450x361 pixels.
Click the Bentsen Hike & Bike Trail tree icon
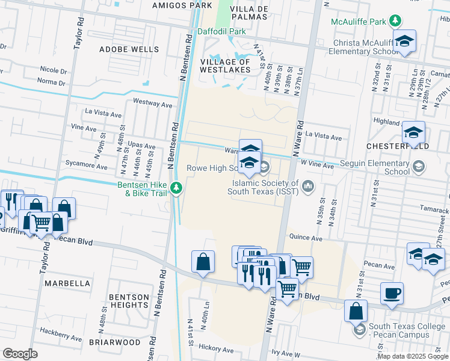(x=176, y=188)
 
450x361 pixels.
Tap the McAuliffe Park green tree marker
(x=395, y=22)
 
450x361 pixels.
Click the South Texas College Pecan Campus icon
(x=359, y=330)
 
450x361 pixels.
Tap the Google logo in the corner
(x=20, y=353)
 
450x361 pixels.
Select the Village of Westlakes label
(x=225, y=66)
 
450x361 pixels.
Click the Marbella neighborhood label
(x=66, y=283)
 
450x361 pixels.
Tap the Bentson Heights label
(x=129, y=301)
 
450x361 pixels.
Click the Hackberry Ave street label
(x=60, y=331)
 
